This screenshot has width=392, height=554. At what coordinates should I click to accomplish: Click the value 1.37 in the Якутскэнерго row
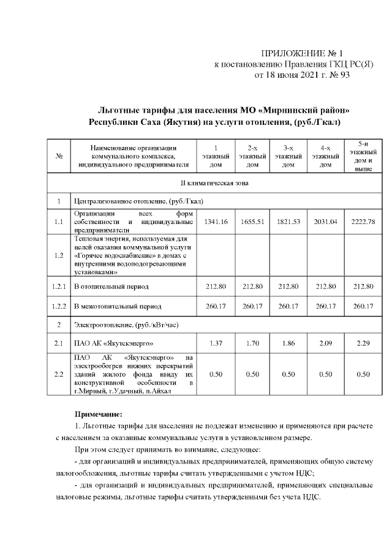[x=216, y=343]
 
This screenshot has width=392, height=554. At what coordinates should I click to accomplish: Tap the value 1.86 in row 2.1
[x=288, y=343]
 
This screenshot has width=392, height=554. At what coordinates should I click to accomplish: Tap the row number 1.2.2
[x=59, y=305]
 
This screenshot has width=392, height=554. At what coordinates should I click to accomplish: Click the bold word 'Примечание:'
[x=99, y=414]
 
